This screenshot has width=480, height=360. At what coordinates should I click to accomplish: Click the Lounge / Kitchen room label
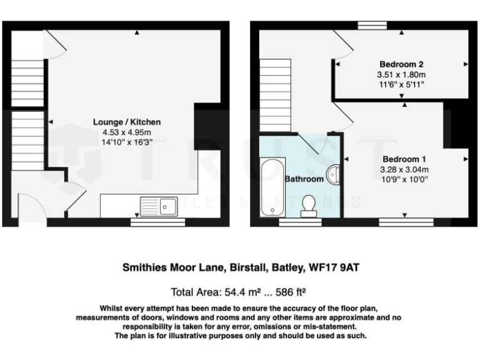click(x=127, y=122)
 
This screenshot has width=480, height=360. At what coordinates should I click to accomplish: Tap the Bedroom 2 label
click(x=402, y=64)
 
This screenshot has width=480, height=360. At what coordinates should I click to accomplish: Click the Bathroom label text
click(x=304, y=179)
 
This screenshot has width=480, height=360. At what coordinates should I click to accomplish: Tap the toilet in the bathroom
click(x=308, y=205)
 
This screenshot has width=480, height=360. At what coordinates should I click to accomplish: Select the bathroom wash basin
click(x=334, y=174)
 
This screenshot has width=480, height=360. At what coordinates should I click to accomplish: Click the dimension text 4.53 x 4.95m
click(x=127, y=132)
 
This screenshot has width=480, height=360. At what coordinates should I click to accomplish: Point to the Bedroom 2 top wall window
click(x=374, y=25)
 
